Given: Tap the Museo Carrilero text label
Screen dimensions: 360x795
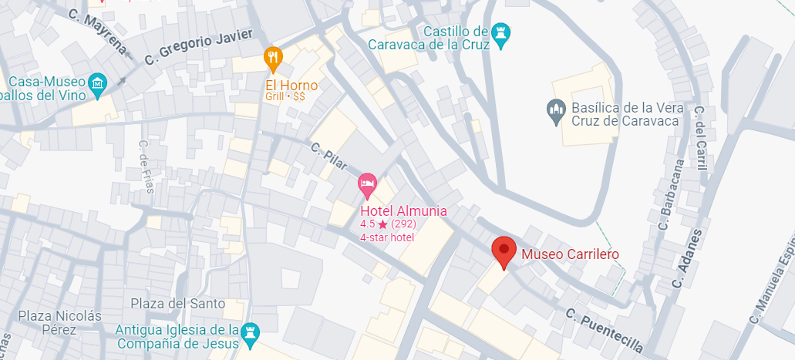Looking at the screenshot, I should click(570, 254).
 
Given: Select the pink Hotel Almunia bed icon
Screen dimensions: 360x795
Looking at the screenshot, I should click(367, 185).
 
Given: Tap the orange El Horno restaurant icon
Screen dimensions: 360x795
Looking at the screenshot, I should click(273, 57).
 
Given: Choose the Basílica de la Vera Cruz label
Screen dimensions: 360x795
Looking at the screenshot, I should click(625, 114).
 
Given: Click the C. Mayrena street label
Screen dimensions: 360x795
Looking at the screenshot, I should click(96, 32).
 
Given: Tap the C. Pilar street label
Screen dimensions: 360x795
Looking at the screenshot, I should click(329, 156).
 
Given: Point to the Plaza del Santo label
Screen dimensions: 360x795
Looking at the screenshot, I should click(177, 303).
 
